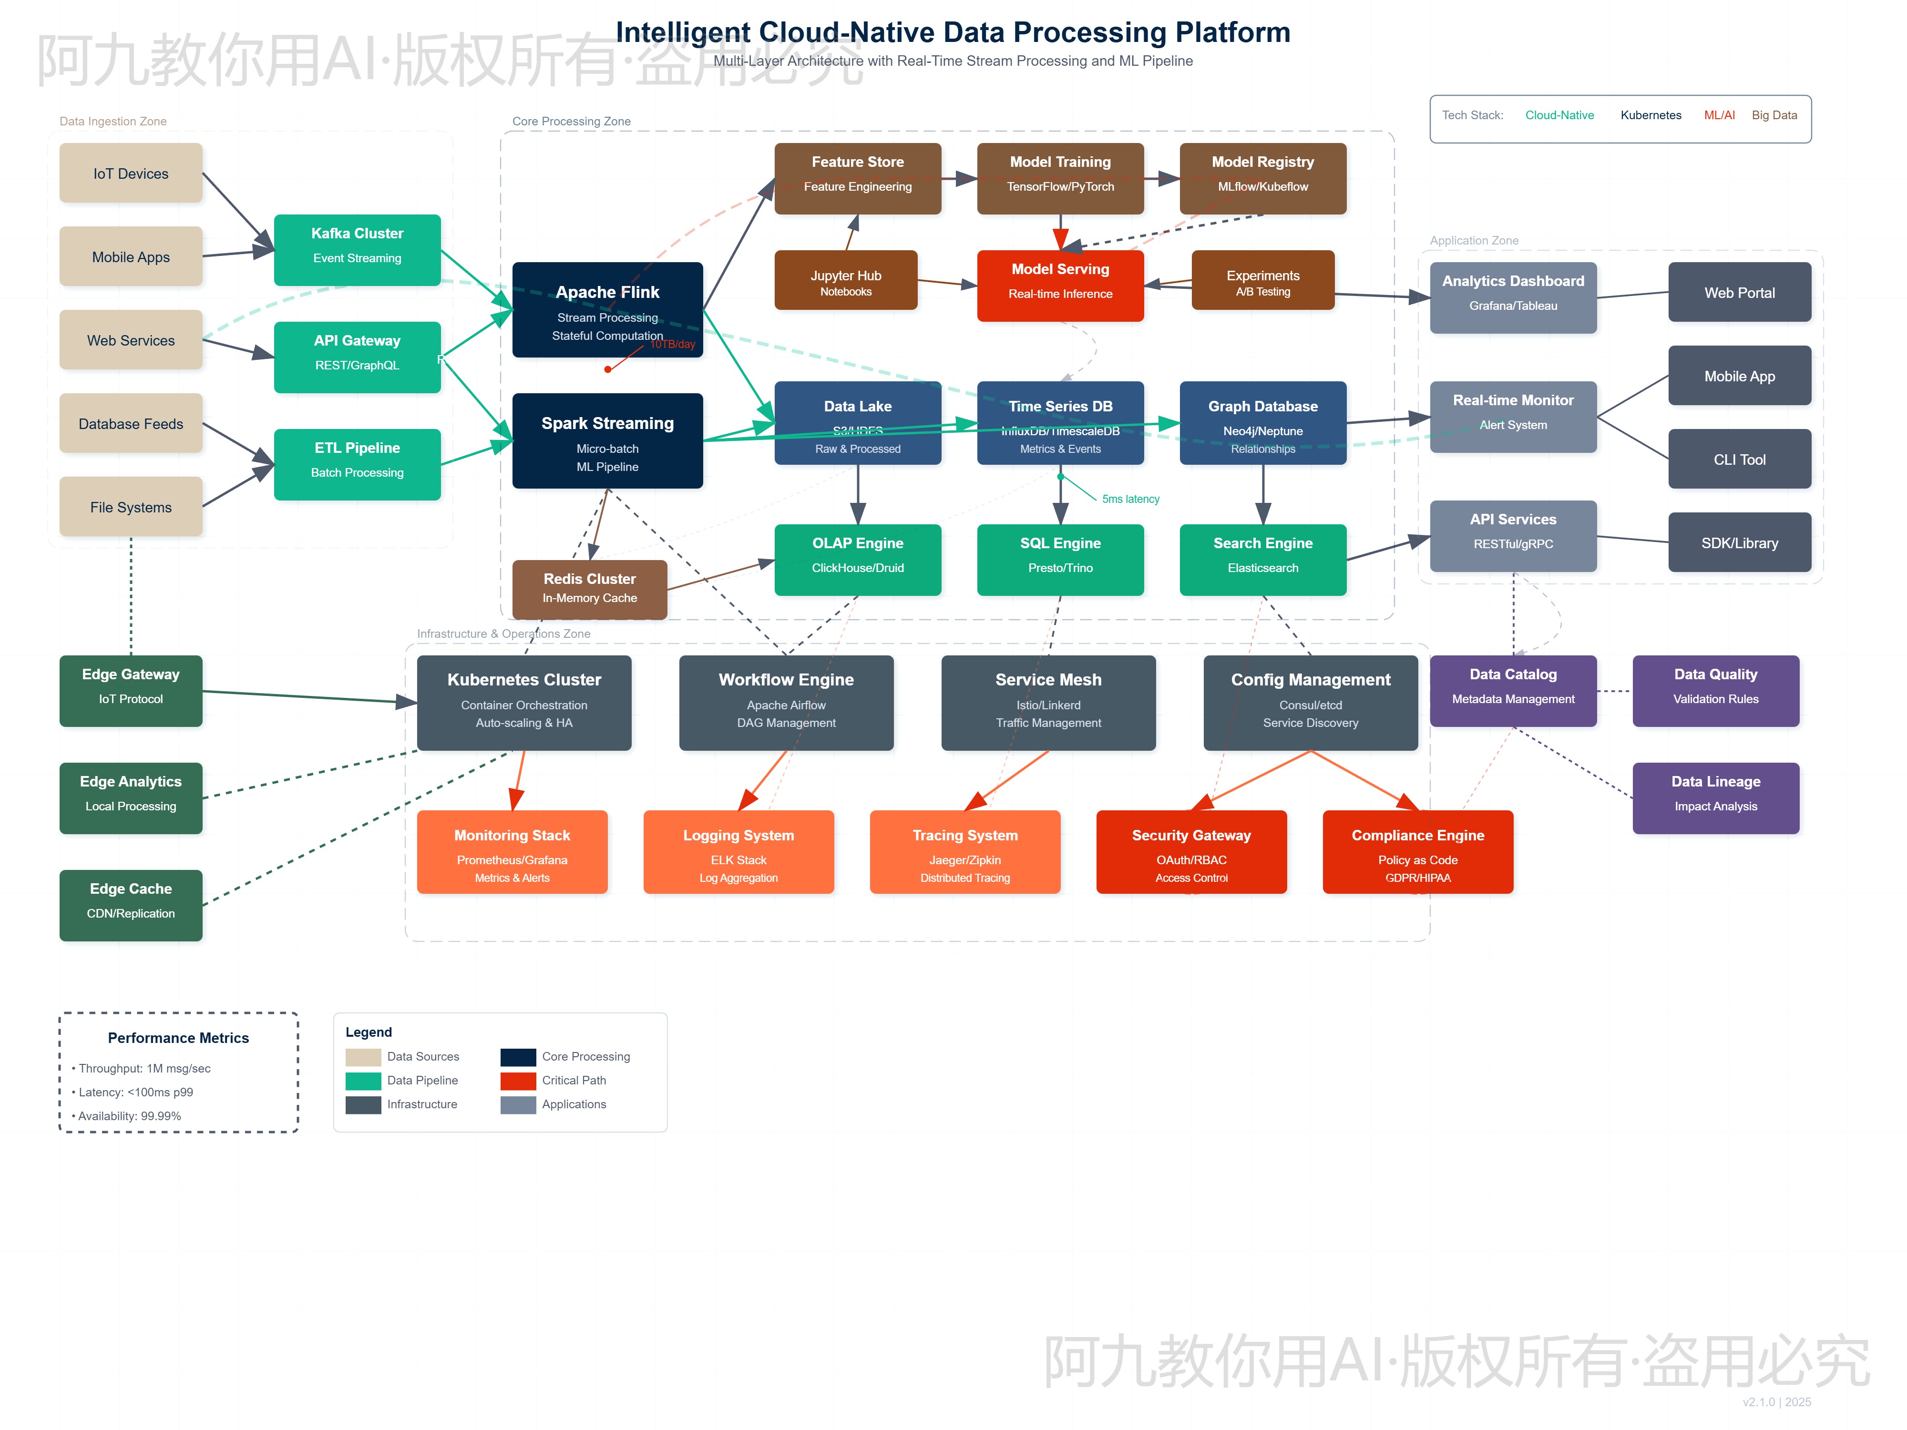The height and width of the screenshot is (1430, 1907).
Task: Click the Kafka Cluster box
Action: (x=357, y=249)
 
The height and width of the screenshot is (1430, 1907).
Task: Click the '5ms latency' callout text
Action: (x=1130, y=499)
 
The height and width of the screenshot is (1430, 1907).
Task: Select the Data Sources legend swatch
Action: (x=363, y=1057)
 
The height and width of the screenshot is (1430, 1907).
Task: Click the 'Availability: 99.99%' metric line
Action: (x=129, y=1115)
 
